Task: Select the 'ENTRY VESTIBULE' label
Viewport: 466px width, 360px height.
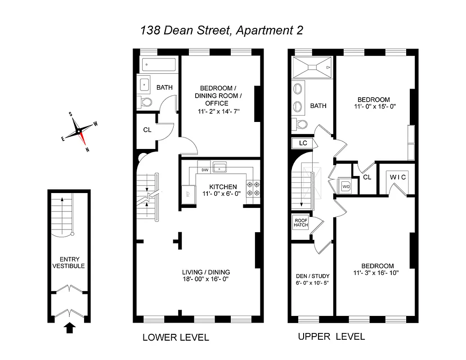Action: click(x=68, y=262)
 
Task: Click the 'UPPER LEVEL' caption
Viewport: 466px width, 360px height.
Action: click(x=332, y=337)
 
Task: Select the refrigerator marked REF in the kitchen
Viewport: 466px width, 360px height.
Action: click(x=188, y=194)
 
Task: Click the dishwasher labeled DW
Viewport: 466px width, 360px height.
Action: click(x=205, y=170)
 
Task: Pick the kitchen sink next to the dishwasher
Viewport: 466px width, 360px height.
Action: click(x=220, y=168)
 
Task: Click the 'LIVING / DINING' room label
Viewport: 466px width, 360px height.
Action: click(x=206, y=272)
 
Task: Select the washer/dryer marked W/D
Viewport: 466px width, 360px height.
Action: click(x=345, y=185)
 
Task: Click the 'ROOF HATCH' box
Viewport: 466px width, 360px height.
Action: click(x=301, y=223)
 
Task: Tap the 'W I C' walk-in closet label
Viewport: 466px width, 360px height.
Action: click(x=397, y=177)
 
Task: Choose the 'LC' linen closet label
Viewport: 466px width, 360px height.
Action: click(x=302, y=143)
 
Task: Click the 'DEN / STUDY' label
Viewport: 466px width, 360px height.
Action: click(x=313, y=276)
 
